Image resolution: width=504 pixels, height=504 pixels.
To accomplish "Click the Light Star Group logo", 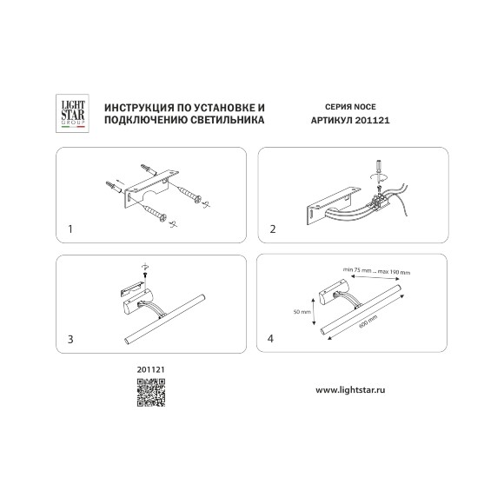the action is pos(72,114).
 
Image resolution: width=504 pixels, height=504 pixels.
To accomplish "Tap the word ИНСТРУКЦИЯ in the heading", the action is pos(136,108).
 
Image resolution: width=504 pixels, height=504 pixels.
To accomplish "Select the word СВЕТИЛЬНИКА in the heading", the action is pos(228,120).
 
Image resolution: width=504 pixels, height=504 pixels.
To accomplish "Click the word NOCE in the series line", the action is pos(364,107).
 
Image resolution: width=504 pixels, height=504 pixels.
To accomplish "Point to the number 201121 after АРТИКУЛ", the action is pos(372,120).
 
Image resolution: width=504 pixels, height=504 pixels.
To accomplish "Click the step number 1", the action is pos(70,229).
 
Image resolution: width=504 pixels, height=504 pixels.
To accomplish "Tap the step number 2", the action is pos(273,229).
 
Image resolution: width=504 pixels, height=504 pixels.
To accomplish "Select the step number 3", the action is pos(70,339).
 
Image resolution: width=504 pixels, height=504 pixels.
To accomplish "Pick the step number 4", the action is pos(270,339).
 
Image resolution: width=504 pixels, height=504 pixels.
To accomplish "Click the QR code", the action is pos(151,393).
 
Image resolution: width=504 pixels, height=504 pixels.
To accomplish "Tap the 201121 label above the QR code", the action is pos(150,369).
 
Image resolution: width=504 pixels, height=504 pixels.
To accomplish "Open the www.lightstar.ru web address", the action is pos(350,390).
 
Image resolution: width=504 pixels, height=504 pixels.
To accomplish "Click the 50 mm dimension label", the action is pos(302,311).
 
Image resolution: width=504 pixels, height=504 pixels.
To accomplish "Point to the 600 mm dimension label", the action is pos(368,322).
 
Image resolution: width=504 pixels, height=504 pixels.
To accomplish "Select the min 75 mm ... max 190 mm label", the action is pos(377,271).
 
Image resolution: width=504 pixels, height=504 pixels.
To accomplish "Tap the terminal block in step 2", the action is pos(380,200).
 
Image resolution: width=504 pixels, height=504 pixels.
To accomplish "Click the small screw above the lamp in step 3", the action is pos(145,275).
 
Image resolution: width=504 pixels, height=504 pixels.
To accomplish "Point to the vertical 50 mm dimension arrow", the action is pos(314,311).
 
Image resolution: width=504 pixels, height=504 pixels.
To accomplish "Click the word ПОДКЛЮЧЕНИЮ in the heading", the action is pos(145,120).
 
